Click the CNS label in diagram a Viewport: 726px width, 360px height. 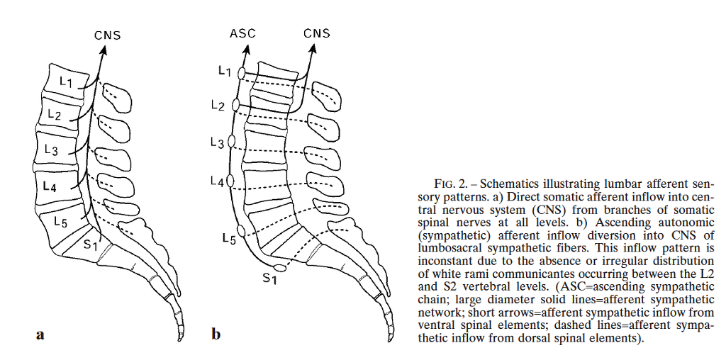[108, 35]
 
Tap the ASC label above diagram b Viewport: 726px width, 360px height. [242, 34]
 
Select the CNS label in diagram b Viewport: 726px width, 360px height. [317, 34]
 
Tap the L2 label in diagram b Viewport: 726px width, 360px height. [218, 106]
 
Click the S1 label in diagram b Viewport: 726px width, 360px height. [269, 279]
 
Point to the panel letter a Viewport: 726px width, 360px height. [40, 334]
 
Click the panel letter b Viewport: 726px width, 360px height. [216, 332]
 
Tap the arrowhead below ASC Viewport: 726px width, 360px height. [248, 48]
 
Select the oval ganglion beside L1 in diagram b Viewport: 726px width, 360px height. [241, 73]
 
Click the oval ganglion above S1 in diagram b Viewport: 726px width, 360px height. [279, 267]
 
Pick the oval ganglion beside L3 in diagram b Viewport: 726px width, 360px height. [233, 142]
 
